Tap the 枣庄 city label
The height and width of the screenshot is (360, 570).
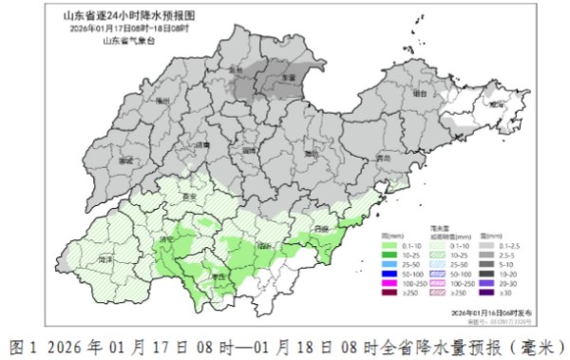click(222, 275)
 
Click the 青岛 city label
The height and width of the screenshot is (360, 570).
click(383, 158)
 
